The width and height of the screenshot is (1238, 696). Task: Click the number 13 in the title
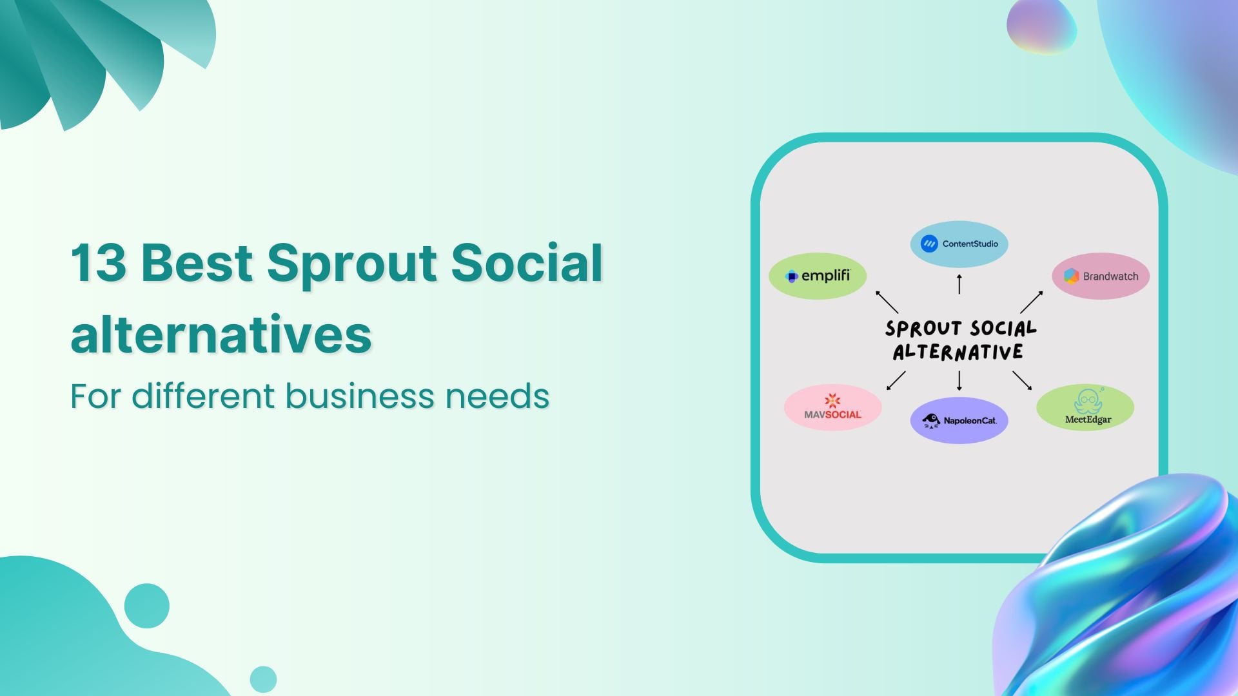(98, 263)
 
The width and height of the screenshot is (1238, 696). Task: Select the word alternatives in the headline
(221, 334)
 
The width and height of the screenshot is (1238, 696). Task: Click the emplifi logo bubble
(817, 276)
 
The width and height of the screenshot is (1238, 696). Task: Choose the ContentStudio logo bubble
(959, 244)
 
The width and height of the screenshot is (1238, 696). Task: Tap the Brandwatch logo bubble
(1101, 276)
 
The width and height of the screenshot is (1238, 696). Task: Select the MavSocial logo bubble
(832, 407)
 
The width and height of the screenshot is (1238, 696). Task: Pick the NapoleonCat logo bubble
(959, 420)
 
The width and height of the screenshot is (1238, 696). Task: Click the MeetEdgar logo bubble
(1085, 407)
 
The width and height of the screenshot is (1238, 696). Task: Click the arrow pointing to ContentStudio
(959, 284)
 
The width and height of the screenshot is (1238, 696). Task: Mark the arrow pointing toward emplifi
(887, 302)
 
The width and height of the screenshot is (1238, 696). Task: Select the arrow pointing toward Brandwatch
(1032, 302)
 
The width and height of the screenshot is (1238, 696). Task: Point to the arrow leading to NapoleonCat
(959, 381)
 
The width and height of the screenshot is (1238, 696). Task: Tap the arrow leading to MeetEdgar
(1022, 380)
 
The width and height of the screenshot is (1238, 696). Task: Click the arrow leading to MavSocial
(896, 380)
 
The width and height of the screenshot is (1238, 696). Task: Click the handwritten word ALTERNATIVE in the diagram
(958, 353)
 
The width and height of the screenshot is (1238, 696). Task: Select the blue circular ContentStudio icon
(929, 244)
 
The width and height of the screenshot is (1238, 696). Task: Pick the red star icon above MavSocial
(832, 400)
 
